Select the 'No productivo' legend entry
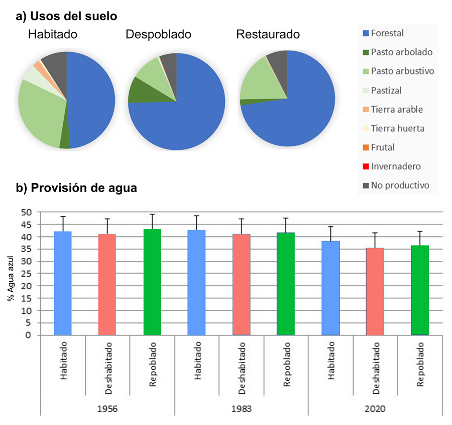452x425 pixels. click(x=400, y=186)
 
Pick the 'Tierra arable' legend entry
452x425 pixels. click(x=397, y=110)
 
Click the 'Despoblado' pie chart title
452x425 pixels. click(x=158, y=35)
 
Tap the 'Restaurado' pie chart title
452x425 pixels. click(x=268, y=35)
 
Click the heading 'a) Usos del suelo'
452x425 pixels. click(x=67, y=17)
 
